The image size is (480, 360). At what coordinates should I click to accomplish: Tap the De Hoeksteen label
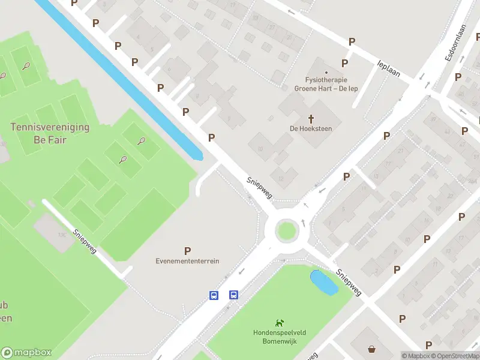click(x=311, y=128)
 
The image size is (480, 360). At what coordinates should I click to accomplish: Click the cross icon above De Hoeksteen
click(x=311, y=118)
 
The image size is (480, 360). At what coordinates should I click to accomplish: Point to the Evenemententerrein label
click(x=187, y=261)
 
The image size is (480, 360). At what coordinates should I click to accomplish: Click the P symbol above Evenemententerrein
click(x=188, y=251)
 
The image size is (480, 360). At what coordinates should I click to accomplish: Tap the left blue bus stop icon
click(x=214, y=295)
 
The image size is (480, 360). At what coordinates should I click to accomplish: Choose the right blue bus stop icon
click(x=233, y=295)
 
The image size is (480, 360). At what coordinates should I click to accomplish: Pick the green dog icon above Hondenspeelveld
click(x=279, y=323)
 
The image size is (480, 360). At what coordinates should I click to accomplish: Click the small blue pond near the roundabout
click(x=323, y=282)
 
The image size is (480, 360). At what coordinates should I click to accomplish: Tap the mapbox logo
click(x=26, y=353)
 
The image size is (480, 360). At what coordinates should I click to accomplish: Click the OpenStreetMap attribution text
click(x=454, y=356)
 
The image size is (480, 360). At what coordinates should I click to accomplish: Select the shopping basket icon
click(x=372, y=349)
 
